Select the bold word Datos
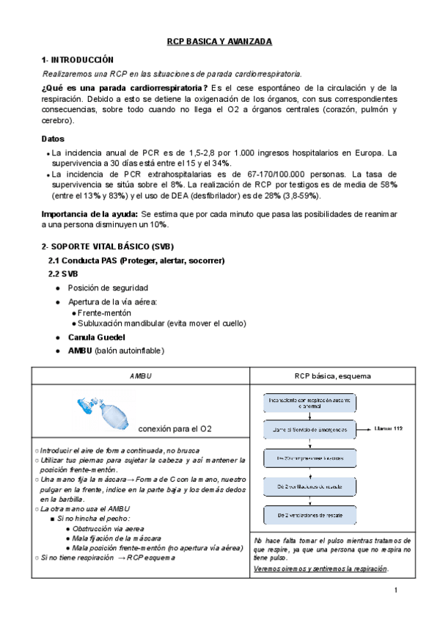point(53,139)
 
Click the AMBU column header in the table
point(140,376)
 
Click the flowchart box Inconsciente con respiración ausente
point(309,403)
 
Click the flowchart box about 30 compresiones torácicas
point(309,458)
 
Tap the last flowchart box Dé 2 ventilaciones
point(309,515)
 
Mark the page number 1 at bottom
point(396,590)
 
